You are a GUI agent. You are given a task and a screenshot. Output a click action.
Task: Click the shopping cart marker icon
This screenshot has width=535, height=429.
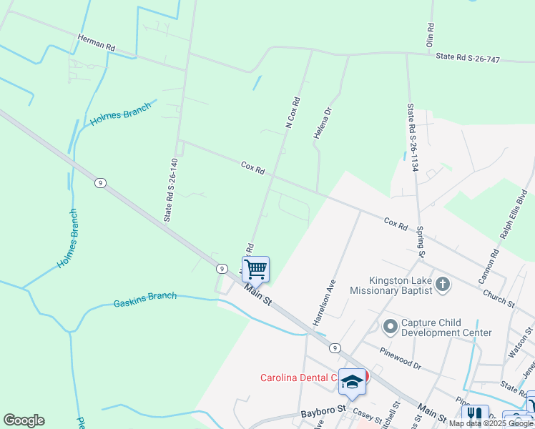tap(255, 270)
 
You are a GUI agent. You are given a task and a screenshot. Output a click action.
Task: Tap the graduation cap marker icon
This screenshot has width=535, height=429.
tap(351, 381)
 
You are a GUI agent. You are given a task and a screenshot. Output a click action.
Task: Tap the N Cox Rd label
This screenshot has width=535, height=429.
tap(293, 113)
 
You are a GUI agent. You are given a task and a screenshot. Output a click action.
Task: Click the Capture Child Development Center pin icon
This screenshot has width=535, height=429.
tap(390, 327)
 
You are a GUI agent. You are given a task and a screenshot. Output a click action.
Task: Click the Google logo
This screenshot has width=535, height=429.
tap(24, 420)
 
